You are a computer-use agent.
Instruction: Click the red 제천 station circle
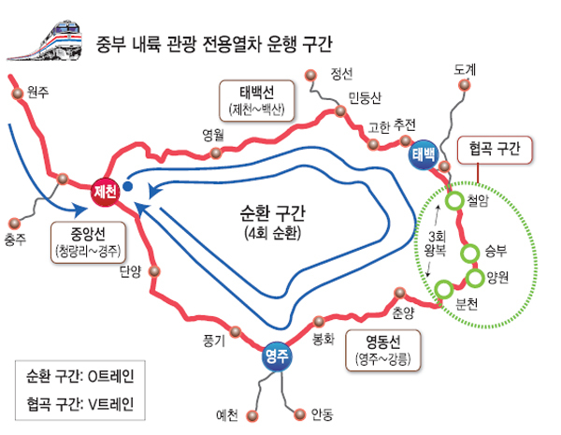[x=105, y=192]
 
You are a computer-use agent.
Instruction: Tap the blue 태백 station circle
[x=424, y=154]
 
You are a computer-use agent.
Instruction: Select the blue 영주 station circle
[x=277, y=356]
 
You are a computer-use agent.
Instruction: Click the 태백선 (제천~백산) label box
[x=257, y=101]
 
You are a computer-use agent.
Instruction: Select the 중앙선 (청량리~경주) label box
[x=88, y=242]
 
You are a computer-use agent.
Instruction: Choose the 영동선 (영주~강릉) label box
[x=382, y=351]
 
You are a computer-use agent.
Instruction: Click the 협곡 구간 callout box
[x=495, y=150]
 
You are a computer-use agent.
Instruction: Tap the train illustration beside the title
[x=46, y=41]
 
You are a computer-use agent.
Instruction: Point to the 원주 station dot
[x=17, y=94]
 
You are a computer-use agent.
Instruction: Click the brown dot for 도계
[x=465, y=85]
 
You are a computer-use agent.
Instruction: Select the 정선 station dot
[x=310, y=75]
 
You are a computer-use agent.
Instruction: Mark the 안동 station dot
[x=300, y=414]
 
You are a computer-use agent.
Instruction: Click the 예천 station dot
[x=252, y=416]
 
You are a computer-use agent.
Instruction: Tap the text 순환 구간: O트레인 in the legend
[x=80, y=376]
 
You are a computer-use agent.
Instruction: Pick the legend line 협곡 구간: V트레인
[x=80, y=404]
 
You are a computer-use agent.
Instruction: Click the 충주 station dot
[x=14, y=224]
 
